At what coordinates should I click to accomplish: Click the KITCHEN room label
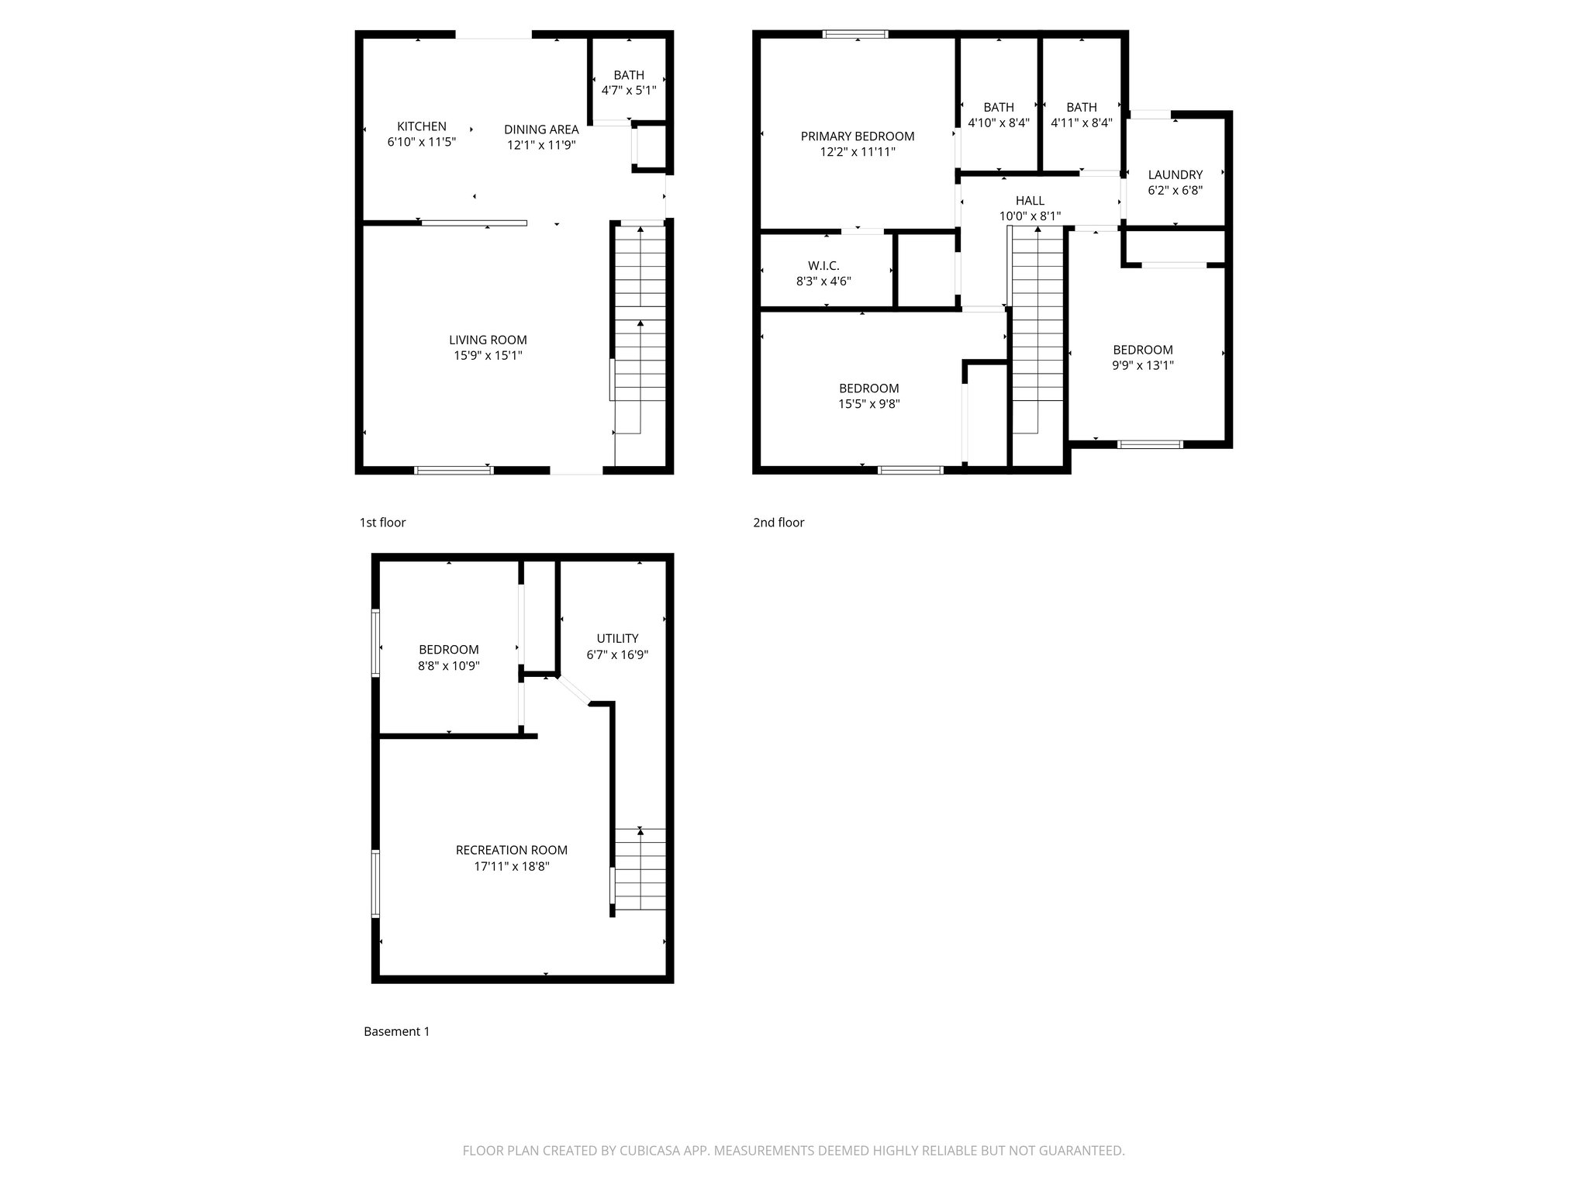421,126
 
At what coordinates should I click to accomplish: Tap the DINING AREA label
541,129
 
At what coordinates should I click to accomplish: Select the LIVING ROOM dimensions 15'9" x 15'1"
488,356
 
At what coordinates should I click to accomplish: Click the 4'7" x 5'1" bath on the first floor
629,82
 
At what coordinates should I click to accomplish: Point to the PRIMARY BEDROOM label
858,136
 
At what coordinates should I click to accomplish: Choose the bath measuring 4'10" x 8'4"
999,115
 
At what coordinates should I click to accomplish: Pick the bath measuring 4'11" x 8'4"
1082,115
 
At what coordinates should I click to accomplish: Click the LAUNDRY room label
1175,175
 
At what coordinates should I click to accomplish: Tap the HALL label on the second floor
1030,201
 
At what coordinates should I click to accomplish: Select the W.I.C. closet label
823,266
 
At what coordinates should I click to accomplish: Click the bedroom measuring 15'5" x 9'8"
868,396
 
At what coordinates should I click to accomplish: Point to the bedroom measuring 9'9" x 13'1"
1143,357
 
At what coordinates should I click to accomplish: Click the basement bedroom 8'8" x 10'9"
449,658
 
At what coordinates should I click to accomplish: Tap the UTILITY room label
617,639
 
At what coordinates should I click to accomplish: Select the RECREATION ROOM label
512,851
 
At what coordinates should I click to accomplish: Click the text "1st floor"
382,523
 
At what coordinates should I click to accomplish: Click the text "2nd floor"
778,523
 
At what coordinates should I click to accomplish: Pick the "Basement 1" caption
396,1031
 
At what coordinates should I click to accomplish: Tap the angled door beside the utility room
574,691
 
